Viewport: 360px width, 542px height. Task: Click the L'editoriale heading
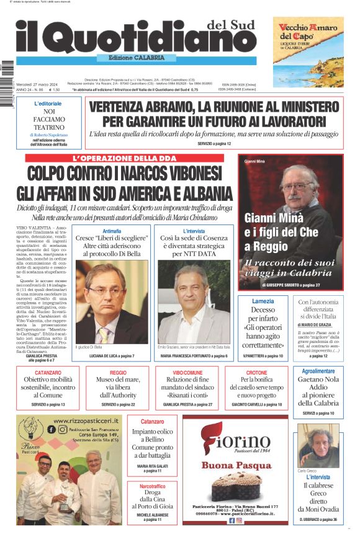coord(48,104)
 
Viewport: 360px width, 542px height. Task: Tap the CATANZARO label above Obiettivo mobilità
coord(48,373)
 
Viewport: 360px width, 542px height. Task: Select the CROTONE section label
coord(256,373)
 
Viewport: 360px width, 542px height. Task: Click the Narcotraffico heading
coord(151,487)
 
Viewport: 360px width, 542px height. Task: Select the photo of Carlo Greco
coord(319,445)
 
